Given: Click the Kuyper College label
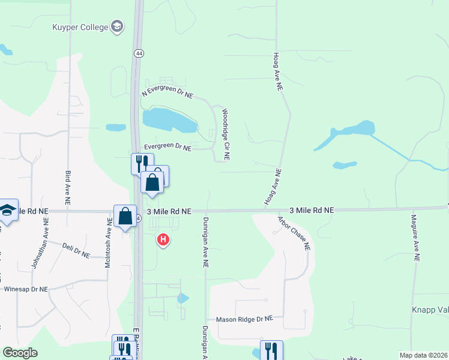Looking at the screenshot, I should [x=79, y=27].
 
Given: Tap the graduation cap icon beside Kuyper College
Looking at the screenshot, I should [x=117, y=26].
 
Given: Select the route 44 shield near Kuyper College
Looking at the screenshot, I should [x=139, y=53].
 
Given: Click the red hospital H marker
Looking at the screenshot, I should [x=162, y=241].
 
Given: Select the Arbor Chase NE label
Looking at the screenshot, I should [x=294, y=232].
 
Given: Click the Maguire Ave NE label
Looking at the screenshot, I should [x=415, y=238].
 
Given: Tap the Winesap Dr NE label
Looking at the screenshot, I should [x=25, y=289].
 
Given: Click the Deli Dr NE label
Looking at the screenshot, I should [x=76, y=250].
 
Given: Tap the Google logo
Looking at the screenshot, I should [x=20, y=353].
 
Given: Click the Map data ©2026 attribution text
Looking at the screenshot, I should [x=423, y=355].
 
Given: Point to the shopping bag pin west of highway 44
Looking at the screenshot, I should [x=125, y=216].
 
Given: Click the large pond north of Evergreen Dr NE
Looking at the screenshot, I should [x=169, y=121].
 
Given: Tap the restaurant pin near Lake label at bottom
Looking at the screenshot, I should [x=271, y=350].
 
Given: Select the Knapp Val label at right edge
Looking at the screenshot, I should [x=430, y=310].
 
